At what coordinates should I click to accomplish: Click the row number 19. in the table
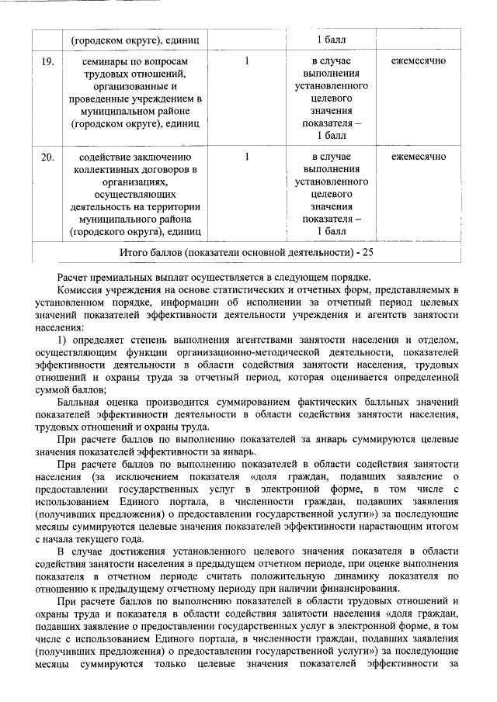point(47,61)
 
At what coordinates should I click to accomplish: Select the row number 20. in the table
point(47,157)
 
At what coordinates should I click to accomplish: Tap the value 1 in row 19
point(246,61)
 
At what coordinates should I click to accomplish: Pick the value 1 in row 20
point(246,157)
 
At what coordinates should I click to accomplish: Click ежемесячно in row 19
point(419,61)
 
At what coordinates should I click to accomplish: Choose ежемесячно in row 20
point(419,157)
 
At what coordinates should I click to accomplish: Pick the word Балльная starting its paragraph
point(82,401)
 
